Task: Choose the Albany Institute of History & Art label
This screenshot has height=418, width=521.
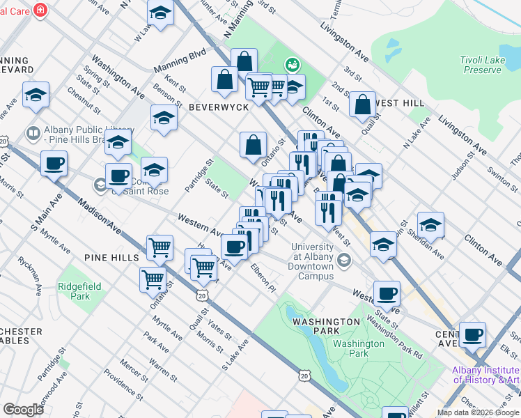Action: [x=485, y=375]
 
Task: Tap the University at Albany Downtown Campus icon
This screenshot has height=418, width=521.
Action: [x=343, y=260]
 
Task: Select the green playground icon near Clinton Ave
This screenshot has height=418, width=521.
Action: [x=292, y=65]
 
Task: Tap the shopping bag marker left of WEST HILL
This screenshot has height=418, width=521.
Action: [x=362, y=105]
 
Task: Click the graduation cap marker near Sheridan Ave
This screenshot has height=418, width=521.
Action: [x=431, y=224]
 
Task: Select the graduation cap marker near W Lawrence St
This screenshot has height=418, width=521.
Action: [x=160, y=13]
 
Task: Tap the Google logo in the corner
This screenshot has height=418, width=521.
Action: [x=23, y=410]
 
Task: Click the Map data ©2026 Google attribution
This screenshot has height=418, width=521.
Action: [x=477, y=412]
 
